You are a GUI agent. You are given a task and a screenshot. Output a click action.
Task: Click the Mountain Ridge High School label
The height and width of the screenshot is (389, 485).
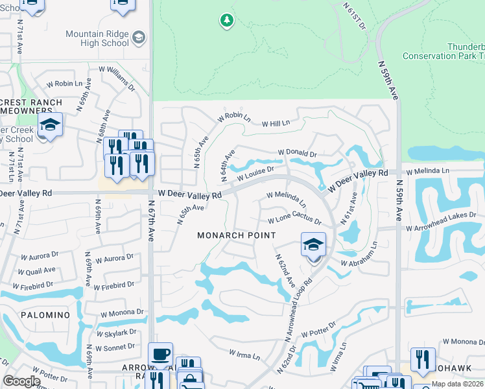pos(97,38)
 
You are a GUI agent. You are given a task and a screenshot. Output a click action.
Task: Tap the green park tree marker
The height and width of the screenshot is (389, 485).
pos(226,21)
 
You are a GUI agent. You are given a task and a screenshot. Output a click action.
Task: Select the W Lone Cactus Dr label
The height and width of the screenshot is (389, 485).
pos(294,220)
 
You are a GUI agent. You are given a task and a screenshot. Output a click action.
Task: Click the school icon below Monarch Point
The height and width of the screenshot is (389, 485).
pos(313,246)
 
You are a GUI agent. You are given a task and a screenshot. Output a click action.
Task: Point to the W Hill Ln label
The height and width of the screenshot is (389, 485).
pos(276,123)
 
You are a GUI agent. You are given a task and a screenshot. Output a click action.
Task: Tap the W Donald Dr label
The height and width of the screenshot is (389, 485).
pos(297,154)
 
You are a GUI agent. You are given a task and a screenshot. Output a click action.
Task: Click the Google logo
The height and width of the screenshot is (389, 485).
pos(22,381)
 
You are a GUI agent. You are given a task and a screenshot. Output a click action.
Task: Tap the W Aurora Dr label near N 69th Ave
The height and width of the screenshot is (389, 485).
pos(113,259)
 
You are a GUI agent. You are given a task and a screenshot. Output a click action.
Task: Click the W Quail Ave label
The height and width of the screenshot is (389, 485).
pos(37,271)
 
